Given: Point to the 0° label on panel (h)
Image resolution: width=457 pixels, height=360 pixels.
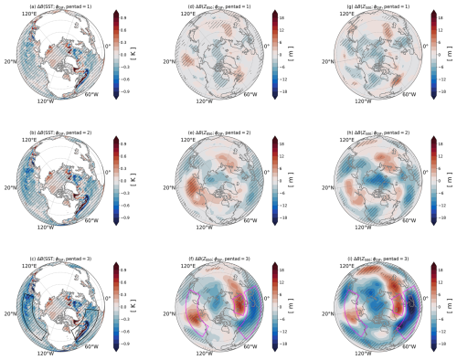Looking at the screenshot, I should tap(422, 168).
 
